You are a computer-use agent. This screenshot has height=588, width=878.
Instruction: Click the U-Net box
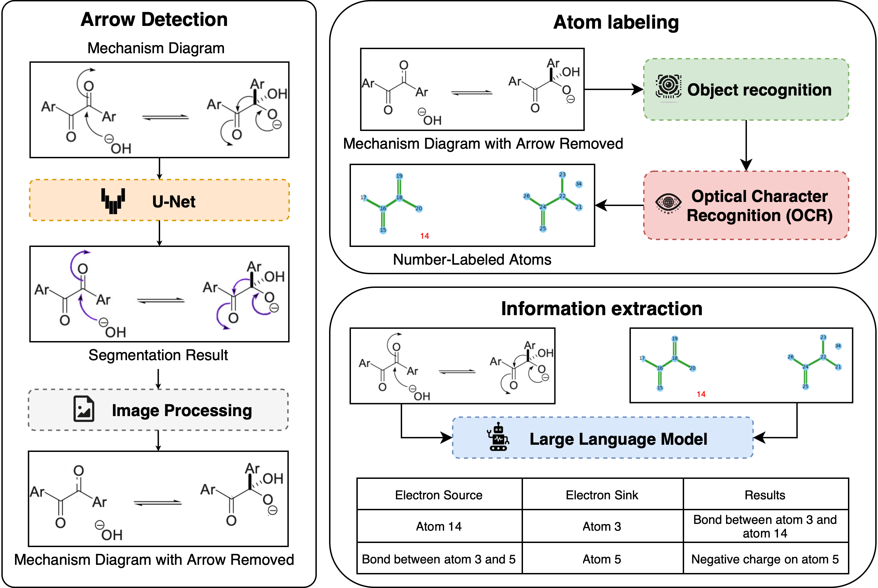click(159, 200)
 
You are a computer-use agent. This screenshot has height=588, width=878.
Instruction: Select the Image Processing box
click(158, 410)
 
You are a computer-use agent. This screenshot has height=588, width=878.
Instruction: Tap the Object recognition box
click(746, 90)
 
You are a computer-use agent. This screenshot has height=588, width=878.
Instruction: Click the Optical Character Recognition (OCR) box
click(746, 206)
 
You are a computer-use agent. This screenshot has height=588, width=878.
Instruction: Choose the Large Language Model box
click(603, 438)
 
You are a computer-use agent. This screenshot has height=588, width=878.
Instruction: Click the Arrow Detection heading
click(154, 19)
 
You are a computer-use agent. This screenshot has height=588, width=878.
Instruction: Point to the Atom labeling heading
click(616, 22)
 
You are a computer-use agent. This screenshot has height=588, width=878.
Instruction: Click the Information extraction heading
click(601, 309)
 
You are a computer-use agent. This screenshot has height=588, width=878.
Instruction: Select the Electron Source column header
click(439, 495)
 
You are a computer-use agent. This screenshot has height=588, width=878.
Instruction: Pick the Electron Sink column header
click(602, 495)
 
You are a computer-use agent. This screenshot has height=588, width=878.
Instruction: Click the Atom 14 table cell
click(439, 527)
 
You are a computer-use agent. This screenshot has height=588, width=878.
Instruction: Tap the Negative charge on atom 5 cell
click(765, 559)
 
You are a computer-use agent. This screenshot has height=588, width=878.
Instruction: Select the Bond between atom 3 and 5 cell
click(439, 559)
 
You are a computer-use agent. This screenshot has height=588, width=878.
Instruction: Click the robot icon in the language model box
click(498, 437)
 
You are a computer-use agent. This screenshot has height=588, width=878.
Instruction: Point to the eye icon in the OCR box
click(668, 203)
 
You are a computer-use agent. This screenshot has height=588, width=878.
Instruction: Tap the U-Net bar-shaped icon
click(113, 201)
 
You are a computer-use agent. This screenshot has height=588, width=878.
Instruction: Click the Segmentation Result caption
click(158, 355)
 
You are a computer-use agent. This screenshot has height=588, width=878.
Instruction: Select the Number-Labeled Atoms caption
click(472, 260)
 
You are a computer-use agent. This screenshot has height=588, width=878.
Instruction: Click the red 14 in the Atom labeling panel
click(424, 236)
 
